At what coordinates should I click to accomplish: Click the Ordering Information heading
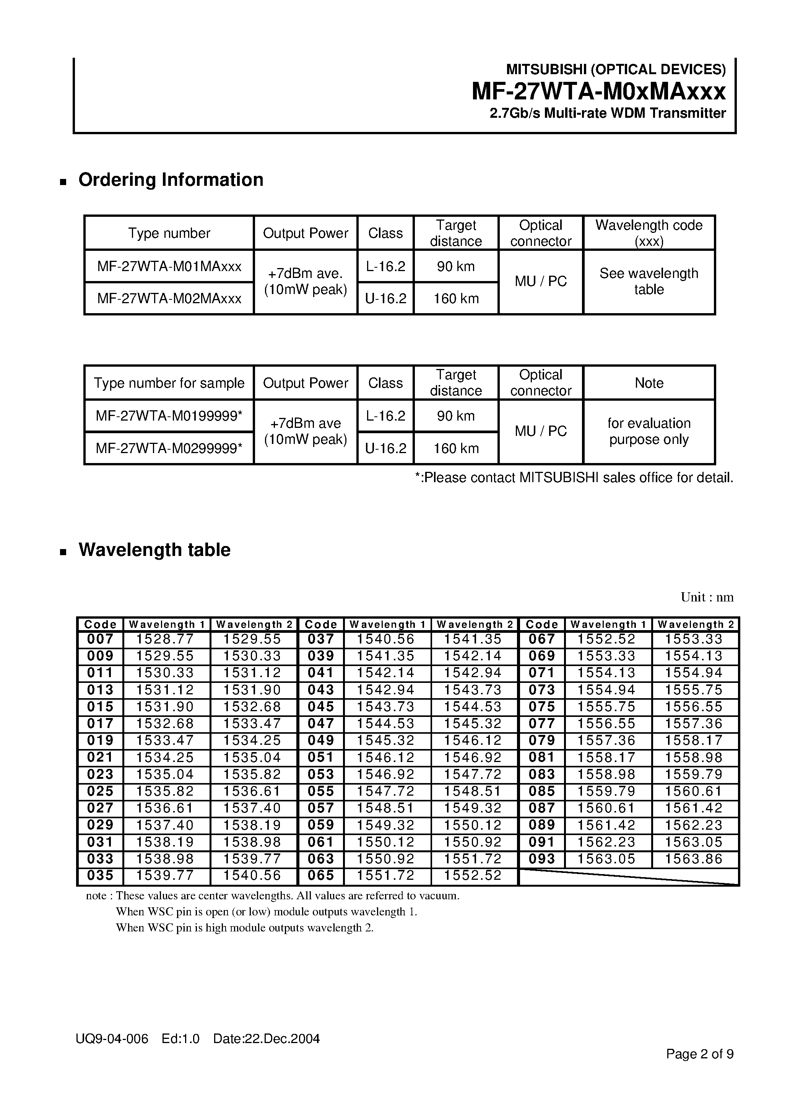point(171,180)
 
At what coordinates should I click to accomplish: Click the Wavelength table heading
point(154,550)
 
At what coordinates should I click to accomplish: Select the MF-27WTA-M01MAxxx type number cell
point(169,266)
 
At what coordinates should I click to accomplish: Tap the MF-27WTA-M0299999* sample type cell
point(169,448)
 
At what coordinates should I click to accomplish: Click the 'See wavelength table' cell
point(649,281)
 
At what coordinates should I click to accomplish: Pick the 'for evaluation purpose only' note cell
point(649,431)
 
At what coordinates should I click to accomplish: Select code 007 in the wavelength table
point(100,639)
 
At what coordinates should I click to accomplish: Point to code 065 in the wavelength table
point(320,876)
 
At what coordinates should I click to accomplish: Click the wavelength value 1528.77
point(165,639)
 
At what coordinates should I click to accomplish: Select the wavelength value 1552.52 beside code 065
point(473,876)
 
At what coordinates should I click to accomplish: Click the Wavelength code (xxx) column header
point(649,233)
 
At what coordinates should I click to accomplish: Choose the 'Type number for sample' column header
point(169,383)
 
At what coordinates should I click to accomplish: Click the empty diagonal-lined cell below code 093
point(628,876)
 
